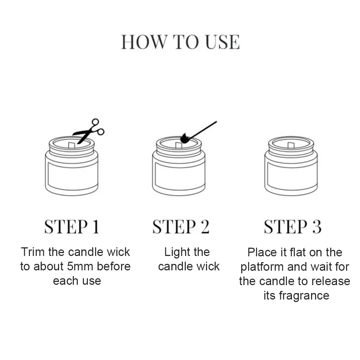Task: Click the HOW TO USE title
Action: pos(180,42)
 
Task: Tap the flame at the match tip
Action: pos(184,139)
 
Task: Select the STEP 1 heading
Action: pos(71,227)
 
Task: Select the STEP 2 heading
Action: pos(181,227)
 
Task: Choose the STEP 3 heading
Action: pos(292,227)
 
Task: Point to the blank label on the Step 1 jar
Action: pos(71,175)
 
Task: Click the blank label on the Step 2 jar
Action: pos(179,175)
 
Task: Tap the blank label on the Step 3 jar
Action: pos(291,175)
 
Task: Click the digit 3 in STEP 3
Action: pos(316,227)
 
